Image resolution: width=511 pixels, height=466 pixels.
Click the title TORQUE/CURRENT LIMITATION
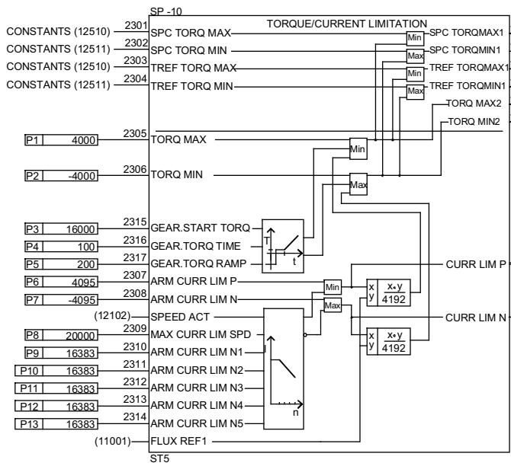(346, 24)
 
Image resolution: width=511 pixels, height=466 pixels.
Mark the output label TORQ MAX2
(473, 102)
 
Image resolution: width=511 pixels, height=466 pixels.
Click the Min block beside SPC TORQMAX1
(413, 37)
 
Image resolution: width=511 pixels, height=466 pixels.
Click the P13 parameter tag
(27, 423)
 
